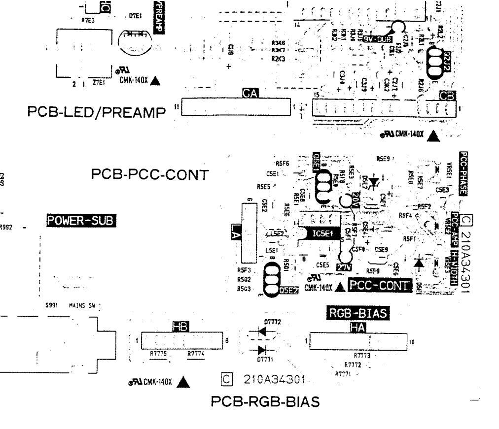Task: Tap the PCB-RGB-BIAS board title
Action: pos(265,402)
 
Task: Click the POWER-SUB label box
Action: pos(81,221)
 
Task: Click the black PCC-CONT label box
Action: pos(379,285)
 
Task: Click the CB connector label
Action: pos(450,97)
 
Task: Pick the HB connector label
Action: pos(178,326)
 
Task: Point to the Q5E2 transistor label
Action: pos(288,291)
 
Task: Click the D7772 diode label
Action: pos(272,322)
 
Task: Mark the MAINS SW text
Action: pos(81,306)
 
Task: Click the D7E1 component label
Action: pos(136,16)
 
